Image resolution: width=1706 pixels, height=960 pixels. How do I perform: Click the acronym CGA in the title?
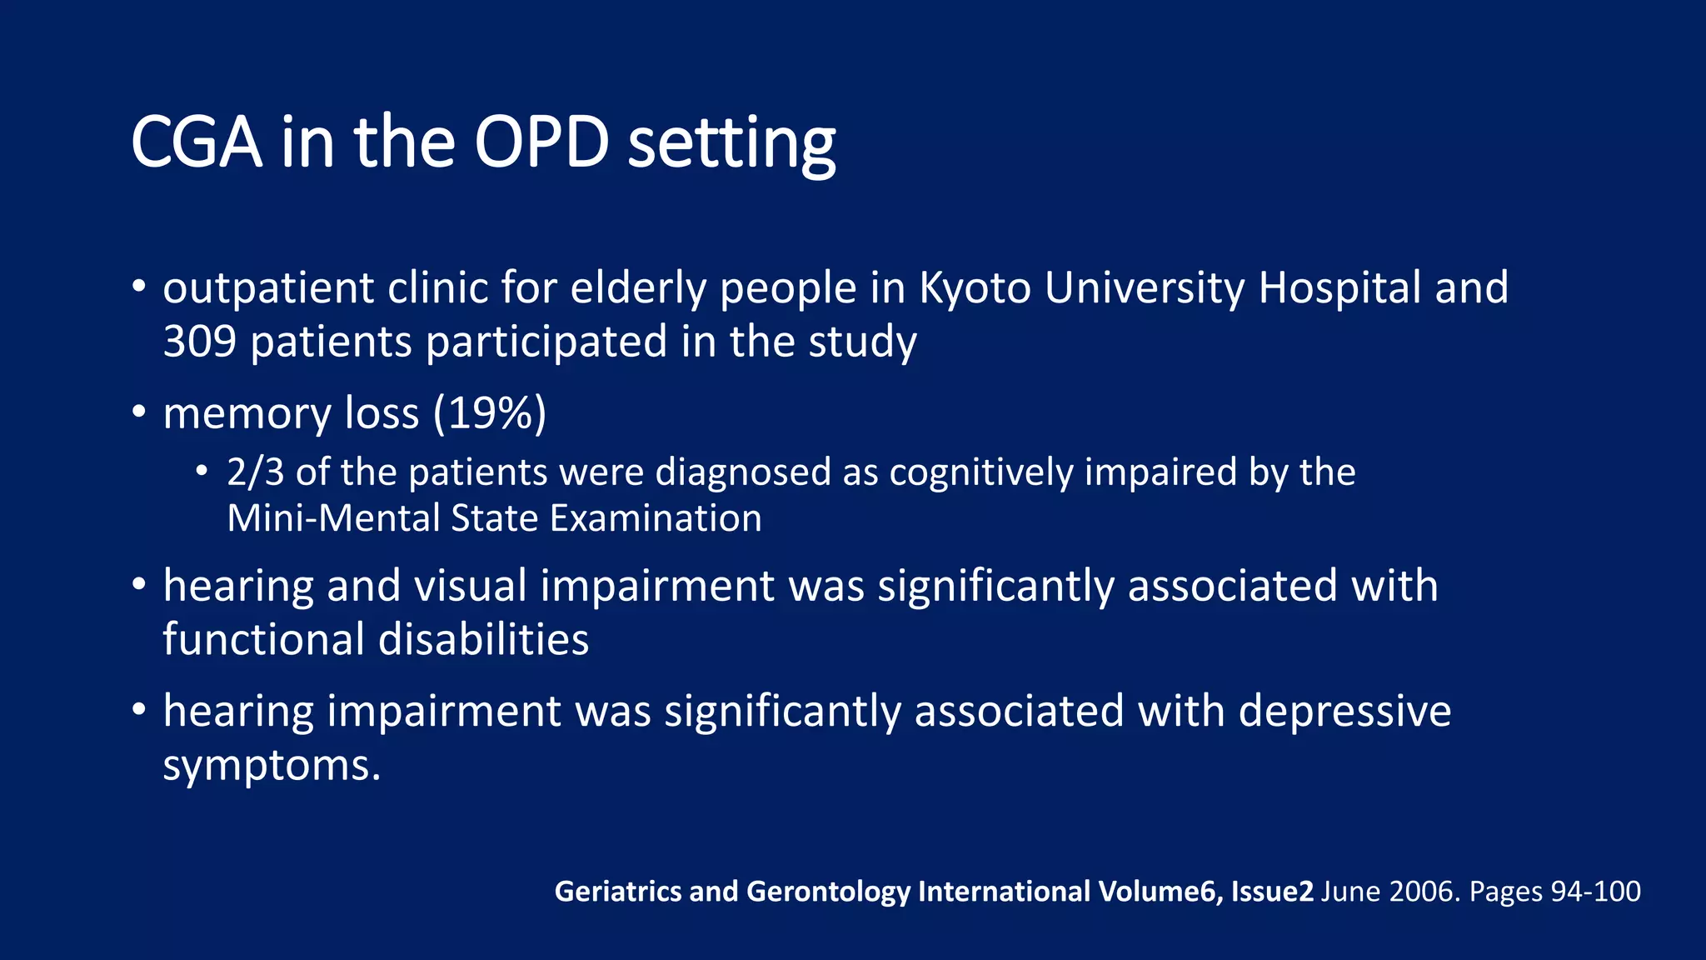click(x=197, y=142)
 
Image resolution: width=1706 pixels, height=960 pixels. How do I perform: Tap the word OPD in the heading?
click(x=541, y=142)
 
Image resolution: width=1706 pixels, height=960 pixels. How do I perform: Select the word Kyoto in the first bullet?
click(x=975, y=288)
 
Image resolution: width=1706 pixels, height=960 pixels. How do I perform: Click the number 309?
click(x=199, y=342)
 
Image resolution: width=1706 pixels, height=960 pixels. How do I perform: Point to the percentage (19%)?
click(x=490, y=413)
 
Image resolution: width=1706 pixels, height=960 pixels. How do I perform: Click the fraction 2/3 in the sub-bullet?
click(x=255, y=472)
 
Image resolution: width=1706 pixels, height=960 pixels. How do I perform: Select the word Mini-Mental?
click(x=333, y=518)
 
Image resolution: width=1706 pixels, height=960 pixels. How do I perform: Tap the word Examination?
click(x=656, y=518)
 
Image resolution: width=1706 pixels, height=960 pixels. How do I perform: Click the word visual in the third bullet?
click(x=471, y=585)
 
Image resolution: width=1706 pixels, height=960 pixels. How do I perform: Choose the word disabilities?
click(x=483, y=639)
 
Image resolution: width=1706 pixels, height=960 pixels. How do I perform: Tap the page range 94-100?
click(x=1595, y=892)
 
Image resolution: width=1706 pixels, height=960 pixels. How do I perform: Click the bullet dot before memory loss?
click(x=139, y=411)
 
